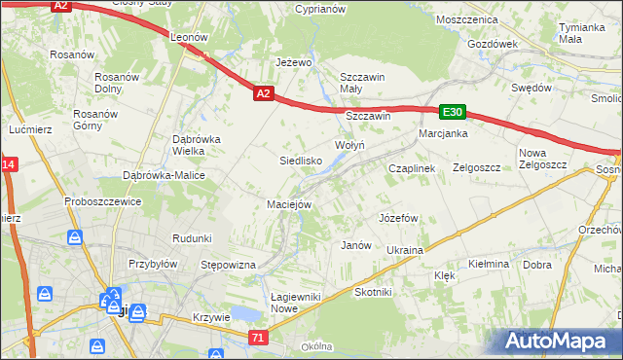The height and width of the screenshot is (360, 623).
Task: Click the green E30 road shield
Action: point(452,112)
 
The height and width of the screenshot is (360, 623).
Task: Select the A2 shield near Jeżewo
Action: point(263,94)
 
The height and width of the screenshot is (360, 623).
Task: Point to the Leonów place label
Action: point(191,36)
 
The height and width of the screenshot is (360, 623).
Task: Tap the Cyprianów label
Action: point(320,9)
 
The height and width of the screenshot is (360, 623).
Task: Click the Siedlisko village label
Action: point(301,161)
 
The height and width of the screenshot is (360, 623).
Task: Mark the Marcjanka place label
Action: point(444,133)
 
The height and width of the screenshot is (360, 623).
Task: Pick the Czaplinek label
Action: point(411,167)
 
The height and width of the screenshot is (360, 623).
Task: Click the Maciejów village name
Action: point(289,204)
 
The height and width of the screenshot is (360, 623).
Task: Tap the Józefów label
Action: point(398,218)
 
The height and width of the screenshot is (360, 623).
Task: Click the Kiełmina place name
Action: point(489,264)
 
